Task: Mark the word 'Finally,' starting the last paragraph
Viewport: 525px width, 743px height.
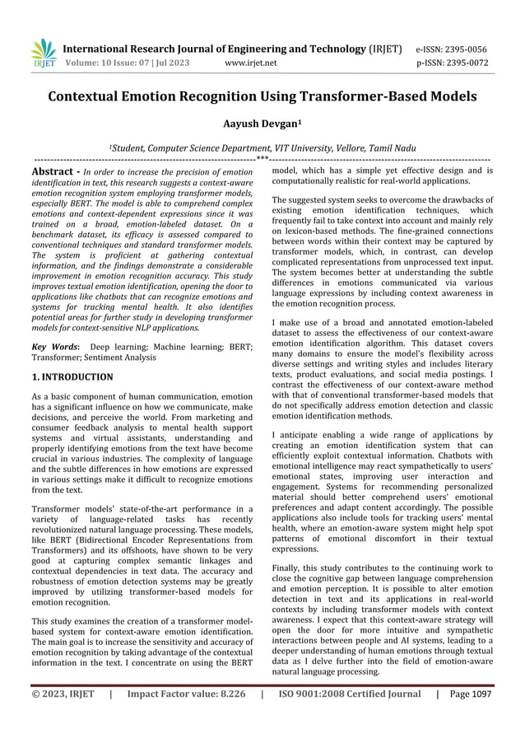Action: (290, 568)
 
